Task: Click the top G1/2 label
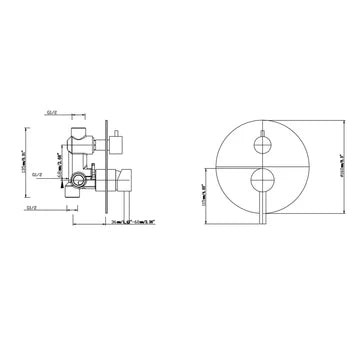(x=52, y=114)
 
